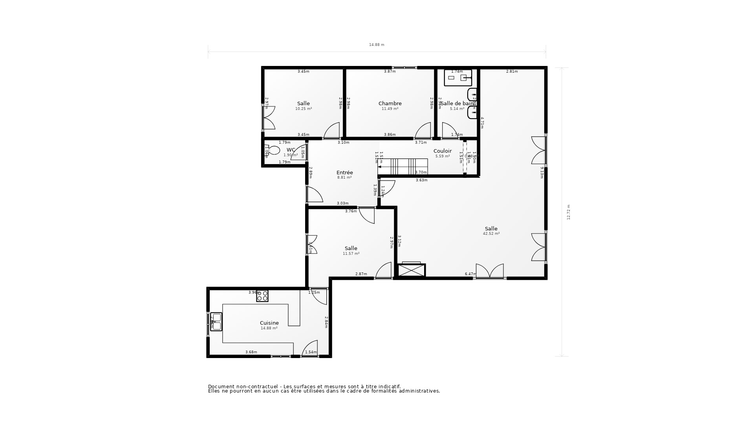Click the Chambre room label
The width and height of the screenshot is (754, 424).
(x=390, y=104)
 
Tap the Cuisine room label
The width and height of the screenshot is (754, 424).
(x=269, y=323)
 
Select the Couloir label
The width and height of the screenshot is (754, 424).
(x=443, y=151)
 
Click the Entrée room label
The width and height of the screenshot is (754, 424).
(x=345, y=173)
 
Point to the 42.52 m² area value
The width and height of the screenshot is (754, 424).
(x=491, y=234)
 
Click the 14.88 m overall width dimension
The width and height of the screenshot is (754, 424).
(x=377, y=45)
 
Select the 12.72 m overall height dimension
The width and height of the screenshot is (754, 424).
(x=569, y=212)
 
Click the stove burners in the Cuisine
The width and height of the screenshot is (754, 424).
(x=262, y=296)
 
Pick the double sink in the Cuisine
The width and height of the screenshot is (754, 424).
(x=216, y=322)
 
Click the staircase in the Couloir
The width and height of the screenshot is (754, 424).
(x=404, y=167)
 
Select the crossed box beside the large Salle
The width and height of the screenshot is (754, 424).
(x=412, y=270)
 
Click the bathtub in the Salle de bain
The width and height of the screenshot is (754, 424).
(x=458, y=78)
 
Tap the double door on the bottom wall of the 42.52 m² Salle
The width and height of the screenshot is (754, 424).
(x=490, y=271)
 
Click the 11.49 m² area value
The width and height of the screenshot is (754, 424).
(x=390, y=109)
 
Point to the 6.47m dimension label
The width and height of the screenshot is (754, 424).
(x=470, y=274)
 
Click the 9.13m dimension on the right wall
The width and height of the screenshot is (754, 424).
(x=542, y=173)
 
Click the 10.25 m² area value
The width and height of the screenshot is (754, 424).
(x=304, y=109)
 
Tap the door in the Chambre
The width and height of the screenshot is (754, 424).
(x=423, y=131)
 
